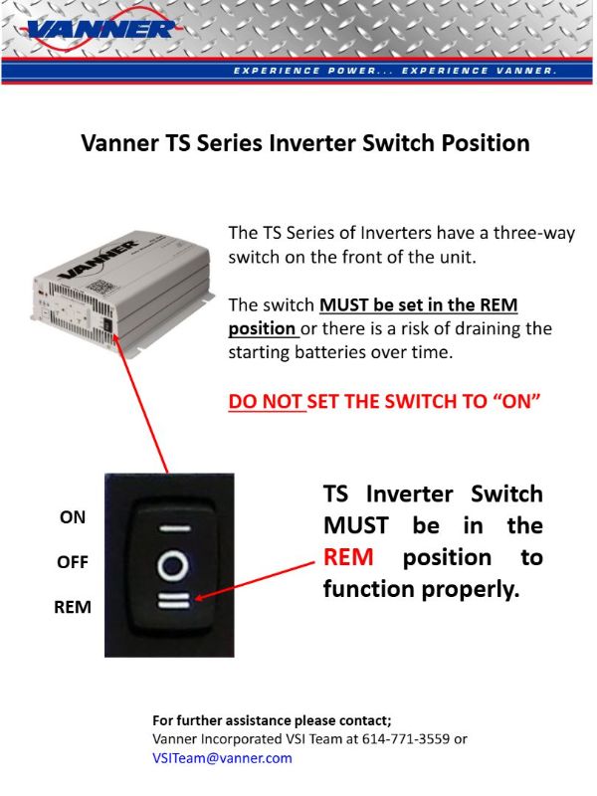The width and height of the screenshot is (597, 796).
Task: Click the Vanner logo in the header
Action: click(x=99, y=30)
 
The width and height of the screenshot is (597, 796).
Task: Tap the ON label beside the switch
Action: click(x=73, y=517)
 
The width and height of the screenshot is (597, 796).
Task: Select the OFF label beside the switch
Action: click(x=73, y=562)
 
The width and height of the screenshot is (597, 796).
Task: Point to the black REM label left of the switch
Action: click(x=73, y=607)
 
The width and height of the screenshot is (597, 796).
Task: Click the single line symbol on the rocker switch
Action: click(x=176, y=528)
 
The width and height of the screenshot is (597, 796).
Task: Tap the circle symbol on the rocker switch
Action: click(x=172, y=565)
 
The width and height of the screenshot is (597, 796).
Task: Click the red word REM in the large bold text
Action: click(x=348, y=557)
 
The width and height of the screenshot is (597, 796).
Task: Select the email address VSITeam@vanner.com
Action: click(x=222, y=758)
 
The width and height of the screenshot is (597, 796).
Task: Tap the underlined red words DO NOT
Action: click(x=266, y=402)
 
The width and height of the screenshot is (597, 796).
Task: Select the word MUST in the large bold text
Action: click(x=356, y=525)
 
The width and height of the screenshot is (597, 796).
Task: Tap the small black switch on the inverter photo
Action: click(x=107, y=324)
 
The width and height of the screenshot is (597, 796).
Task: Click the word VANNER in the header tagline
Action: click(x=526, y=71)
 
